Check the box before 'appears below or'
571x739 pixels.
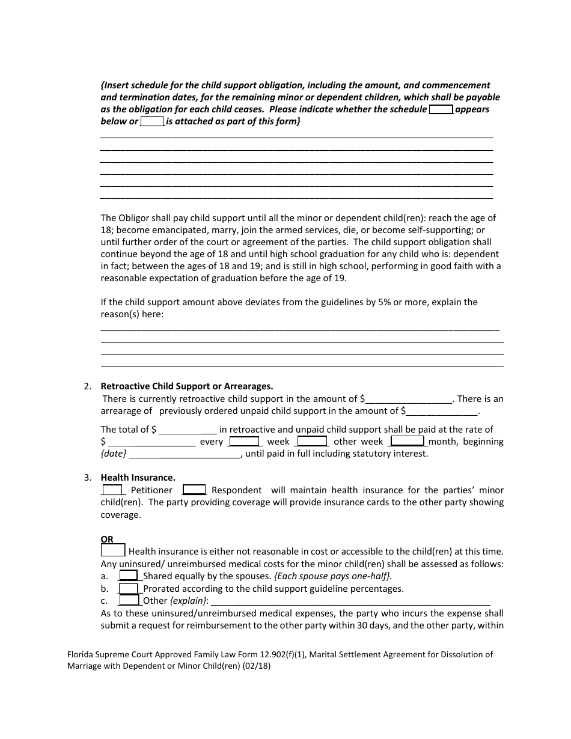point(441,109)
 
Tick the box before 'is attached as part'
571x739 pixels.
point(152,121)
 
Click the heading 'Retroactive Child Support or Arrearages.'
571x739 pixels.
point(186,386)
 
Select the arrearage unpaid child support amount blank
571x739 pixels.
point(442,412)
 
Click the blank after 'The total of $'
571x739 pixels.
point(188,430)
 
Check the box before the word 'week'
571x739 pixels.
point(244,441)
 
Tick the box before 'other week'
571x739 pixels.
point(312,441)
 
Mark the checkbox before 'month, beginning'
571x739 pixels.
point(408,440)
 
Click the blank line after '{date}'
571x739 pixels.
point(185,454)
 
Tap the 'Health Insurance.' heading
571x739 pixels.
point(138,478)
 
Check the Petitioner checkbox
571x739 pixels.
point(112,490)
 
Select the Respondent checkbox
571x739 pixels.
point(194,490)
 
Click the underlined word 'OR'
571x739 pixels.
point(107,540)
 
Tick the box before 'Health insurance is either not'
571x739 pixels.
point(113,550)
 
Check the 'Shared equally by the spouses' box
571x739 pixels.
point(129,576)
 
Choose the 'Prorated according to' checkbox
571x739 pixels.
point(129,588)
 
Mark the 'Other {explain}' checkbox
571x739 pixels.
point(129,600)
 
